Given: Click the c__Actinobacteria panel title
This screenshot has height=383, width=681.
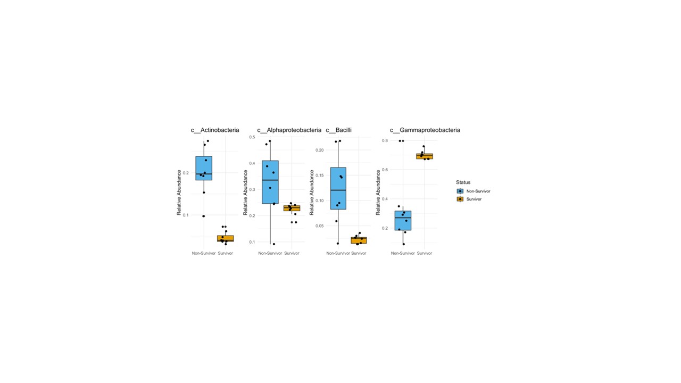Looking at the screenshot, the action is click(215, 130).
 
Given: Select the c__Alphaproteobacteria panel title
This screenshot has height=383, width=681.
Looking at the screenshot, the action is click(289, 130).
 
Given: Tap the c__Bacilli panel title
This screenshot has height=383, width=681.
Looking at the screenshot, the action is click(339, 130).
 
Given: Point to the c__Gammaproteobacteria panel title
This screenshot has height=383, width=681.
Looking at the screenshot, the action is click(425, 130).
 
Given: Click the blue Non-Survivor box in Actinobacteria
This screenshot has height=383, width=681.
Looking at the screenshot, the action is click(204, 168).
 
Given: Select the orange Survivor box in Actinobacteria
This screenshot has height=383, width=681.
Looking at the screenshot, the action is click(226, 239).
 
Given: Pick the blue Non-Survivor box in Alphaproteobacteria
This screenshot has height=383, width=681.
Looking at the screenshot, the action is click(270, 182).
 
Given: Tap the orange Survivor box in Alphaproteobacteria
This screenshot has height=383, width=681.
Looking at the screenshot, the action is click(292, 208).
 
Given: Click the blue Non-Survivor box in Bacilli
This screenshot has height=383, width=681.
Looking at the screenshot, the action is click(338, 188).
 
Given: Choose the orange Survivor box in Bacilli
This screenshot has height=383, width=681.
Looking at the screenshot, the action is click(359, 240).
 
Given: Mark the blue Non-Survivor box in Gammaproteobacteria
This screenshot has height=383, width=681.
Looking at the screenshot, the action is click(403, 220).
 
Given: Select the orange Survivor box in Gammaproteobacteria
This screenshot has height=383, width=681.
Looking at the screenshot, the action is click(425, 156).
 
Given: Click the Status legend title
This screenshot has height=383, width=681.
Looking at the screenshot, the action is click(463, 182).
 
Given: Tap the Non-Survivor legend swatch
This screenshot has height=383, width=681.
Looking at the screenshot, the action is click(460, 191).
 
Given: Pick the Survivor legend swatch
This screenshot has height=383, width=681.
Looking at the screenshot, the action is click(460, 199).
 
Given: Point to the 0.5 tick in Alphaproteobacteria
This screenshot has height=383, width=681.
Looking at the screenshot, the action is click(252, 137).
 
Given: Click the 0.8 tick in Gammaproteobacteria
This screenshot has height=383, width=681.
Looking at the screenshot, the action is click(385, 140).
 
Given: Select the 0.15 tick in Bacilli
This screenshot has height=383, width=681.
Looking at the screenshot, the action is click(320, 176).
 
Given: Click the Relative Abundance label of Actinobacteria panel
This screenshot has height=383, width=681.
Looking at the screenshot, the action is click(179, 193).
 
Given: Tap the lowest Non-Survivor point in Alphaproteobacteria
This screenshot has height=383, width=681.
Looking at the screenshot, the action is click(273, 244).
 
